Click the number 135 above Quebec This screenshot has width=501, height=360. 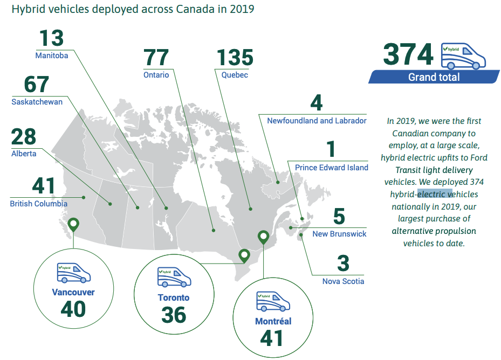coord(235,58)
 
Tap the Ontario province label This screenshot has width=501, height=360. coord(156,75)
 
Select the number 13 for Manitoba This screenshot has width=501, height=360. coord(51,39)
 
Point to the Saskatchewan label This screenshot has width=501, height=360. coord(37,102)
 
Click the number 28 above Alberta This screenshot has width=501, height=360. coord(24,137)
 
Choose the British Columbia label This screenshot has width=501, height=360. coord(38,204)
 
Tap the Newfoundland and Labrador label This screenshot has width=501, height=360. coord(317,121)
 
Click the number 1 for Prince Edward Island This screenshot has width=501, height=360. coord(331,150)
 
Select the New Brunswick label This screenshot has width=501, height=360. coord(339,234)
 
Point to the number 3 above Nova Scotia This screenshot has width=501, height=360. coord(343,264)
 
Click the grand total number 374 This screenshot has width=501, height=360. coord(408,55)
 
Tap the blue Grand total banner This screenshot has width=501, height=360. coord(434,77)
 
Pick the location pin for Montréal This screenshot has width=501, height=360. coord(263,237)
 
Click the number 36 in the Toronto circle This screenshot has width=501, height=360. coord(173,315)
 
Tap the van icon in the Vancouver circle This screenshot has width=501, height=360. coord(73,273)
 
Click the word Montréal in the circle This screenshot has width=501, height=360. coord(273,321)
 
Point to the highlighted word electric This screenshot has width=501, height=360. coord(431,194)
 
